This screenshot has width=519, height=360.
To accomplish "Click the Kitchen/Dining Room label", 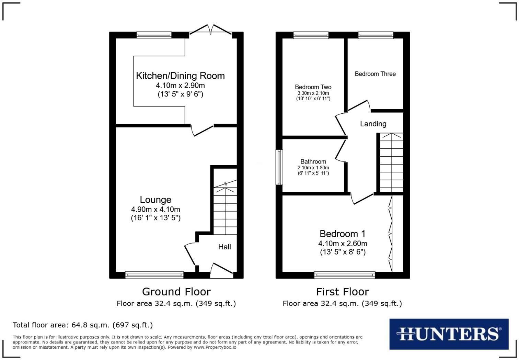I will [x=180, y=76].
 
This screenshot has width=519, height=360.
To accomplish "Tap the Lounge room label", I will [x=155, y=200].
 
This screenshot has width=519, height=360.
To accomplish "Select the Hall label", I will [x=224, y=247].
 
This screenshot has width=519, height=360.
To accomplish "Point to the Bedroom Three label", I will [x=375, y=74].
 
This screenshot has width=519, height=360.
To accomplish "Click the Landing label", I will [x=373, y=124].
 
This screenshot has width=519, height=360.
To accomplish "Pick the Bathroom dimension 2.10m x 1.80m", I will [x=313, y=168].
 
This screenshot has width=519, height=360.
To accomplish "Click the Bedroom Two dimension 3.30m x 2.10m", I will [x=313, y=93].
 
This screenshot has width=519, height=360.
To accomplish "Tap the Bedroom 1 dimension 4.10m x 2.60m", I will [x=343, y=244].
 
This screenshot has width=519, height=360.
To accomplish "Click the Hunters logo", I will [x=449, y=334].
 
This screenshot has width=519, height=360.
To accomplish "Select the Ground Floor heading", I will [x=176, y=292].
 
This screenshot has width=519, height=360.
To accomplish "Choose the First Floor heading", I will [x=342, y=292].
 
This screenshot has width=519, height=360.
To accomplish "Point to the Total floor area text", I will [x=83, y=325].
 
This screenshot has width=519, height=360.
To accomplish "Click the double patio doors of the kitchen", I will [x=211, y=30].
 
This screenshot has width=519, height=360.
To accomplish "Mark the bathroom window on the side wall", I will [x=280, y=167].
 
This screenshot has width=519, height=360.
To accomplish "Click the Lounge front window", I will [x=154, y=274].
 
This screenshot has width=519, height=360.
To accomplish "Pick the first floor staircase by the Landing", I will [x=391, y=162].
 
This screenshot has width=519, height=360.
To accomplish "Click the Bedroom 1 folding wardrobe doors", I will [x=391, y=234].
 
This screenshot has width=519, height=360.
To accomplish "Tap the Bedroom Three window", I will [x=376, y=35].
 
